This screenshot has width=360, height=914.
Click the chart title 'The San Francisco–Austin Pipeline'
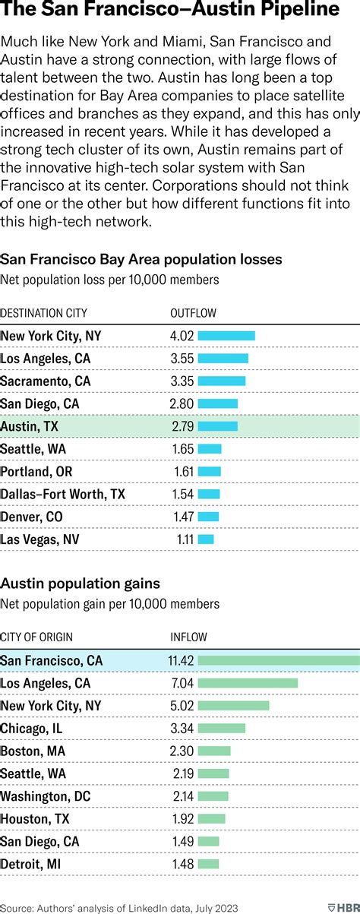click(170, 11)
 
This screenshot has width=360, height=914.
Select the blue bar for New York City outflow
click(226, 336)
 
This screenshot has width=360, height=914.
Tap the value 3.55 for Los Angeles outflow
click(182, 359)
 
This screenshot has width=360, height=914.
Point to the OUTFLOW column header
click(193, 312)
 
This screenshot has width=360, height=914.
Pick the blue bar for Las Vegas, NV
click(206, 539)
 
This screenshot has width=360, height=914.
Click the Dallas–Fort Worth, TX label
click(63, 494)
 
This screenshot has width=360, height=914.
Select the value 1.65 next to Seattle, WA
click(183, 449)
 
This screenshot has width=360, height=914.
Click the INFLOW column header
click(188, 637)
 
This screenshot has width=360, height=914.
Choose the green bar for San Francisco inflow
click(278, 660)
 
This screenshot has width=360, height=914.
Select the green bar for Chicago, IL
click(222, 728)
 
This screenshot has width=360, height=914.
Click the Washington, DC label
click(46, 795)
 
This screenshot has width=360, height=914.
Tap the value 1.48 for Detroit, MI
click(182, 864)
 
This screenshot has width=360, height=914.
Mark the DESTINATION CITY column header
click(43, 312)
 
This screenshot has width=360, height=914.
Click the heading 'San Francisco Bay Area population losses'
click(141, 259)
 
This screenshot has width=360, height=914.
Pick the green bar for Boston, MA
click(214, 751)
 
